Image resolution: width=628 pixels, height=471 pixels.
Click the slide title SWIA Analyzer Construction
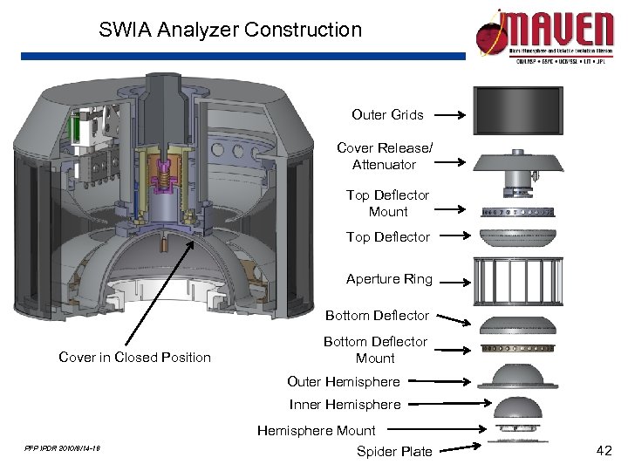coord(230,30)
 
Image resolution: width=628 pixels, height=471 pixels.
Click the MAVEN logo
coord(544,35)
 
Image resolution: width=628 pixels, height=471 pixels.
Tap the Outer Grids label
coord(387,114)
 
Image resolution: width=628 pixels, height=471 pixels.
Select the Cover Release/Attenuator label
coord(384,156)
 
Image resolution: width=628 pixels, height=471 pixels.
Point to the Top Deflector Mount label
coord(387,203)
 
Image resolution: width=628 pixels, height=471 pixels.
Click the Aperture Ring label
coord(389,279)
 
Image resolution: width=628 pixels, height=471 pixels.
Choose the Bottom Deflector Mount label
coord(375,350)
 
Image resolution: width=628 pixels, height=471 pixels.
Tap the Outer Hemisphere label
coord(343,381)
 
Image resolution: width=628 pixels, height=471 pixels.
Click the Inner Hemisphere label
coord(345,404)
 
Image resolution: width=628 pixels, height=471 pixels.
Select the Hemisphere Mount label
coord(316,430)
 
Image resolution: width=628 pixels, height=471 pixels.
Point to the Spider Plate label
coord(394,451)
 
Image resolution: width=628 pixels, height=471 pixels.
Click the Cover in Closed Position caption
coord(134,357)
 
